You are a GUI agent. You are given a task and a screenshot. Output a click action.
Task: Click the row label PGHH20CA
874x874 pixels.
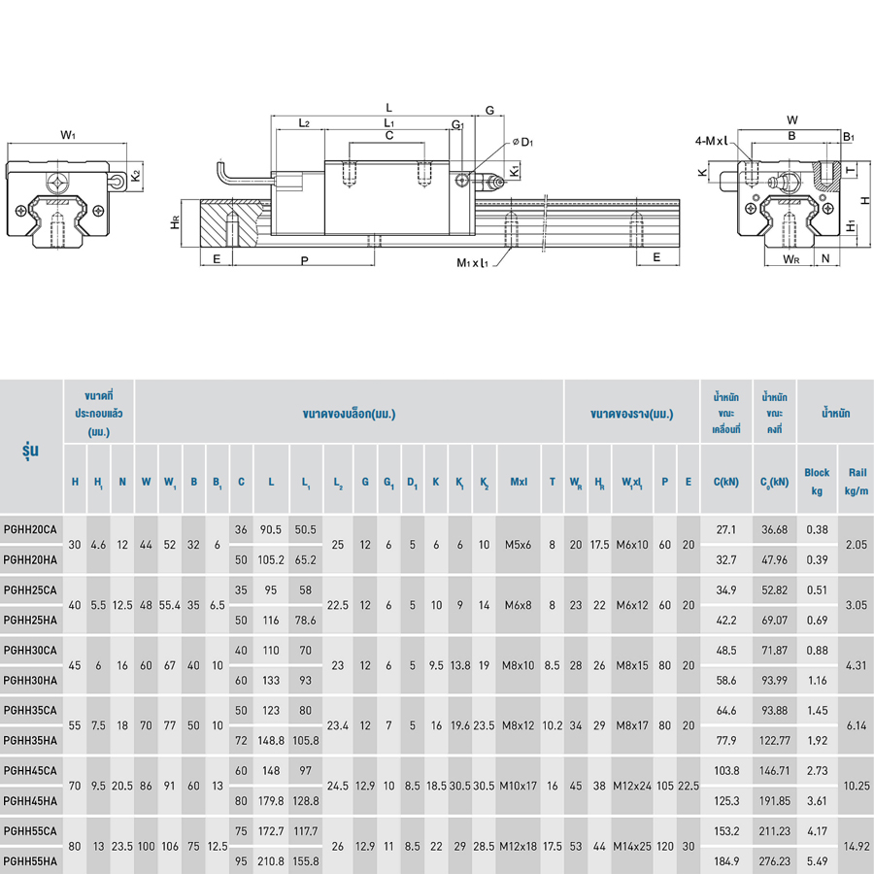(30, 530)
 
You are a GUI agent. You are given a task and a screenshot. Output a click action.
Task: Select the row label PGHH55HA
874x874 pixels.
(30, 860)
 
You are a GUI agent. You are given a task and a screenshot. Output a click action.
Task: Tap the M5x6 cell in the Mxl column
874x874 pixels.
(519, 545)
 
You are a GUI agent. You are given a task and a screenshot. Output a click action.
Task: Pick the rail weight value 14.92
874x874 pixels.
(856, 846)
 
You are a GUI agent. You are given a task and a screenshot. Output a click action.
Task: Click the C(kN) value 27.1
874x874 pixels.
(725, 530)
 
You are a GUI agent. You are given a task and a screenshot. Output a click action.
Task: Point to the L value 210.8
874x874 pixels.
(271, 860)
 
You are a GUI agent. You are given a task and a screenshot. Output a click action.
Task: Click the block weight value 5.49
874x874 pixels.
(817, 860)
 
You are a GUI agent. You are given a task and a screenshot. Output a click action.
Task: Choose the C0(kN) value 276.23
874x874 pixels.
(775, 860)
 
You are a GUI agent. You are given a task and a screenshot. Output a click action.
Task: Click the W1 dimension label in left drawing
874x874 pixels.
(68, 134)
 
